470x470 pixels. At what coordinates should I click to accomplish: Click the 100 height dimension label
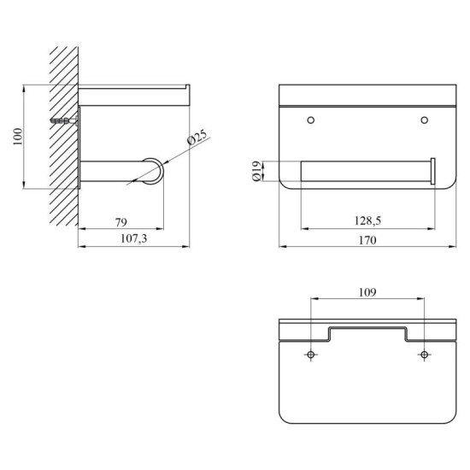pos(18,137)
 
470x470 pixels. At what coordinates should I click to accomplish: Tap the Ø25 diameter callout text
pos(197,137)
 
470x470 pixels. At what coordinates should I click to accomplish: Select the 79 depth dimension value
pos(121,222)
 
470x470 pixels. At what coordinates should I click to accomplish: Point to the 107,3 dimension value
pos(133,238)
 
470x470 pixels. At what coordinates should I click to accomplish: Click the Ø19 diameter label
pos(256,171)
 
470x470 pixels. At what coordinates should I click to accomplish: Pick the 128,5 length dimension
pos(367,221)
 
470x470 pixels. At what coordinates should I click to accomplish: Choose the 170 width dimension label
pos(367,240)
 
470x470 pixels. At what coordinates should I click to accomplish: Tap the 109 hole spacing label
pos(367,292)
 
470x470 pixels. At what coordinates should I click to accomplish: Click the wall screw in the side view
pos(64,120)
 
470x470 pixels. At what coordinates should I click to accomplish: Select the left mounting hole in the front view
pos(311,120)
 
